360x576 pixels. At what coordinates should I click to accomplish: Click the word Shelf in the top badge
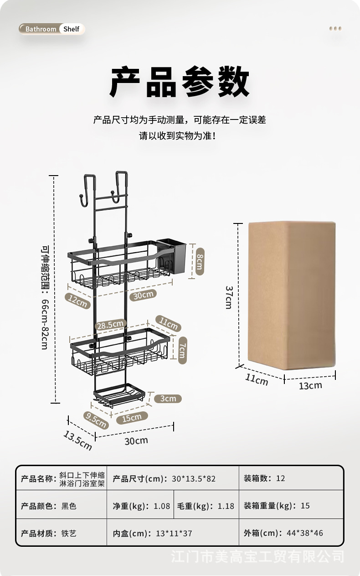[72, 29]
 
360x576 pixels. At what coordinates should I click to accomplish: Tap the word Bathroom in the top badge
[41, 29]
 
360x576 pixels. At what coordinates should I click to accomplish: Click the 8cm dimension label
[199, 260]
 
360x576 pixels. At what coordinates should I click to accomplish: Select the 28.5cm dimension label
[110, 325]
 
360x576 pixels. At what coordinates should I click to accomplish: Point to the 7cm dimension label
[181, 350]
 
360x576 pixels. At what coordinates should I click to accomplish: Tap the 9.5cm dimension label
[95, 420]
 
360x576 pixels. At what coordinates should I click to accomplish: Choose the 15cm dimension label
[132, 417]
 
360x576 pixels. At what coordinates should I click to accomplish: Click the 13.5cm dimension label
[77, 440]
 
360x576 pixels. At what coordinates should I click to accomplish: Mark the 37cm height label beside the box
[229, 297]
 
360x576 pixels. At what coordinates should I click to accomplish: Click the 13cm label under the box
[310, 385]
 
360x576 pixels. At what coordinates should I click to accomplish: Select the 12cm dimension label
[77, 301]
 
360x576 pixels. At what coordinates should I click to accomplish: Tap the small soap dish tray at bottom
[120, 394]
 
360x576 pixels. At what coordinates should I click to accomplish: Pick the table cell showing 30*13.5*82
[194, 478]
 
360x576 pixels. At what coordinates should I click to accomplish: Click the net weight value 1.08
[162, 506]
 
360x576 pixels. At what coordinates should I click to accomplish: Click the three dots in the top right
[335, 29]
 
